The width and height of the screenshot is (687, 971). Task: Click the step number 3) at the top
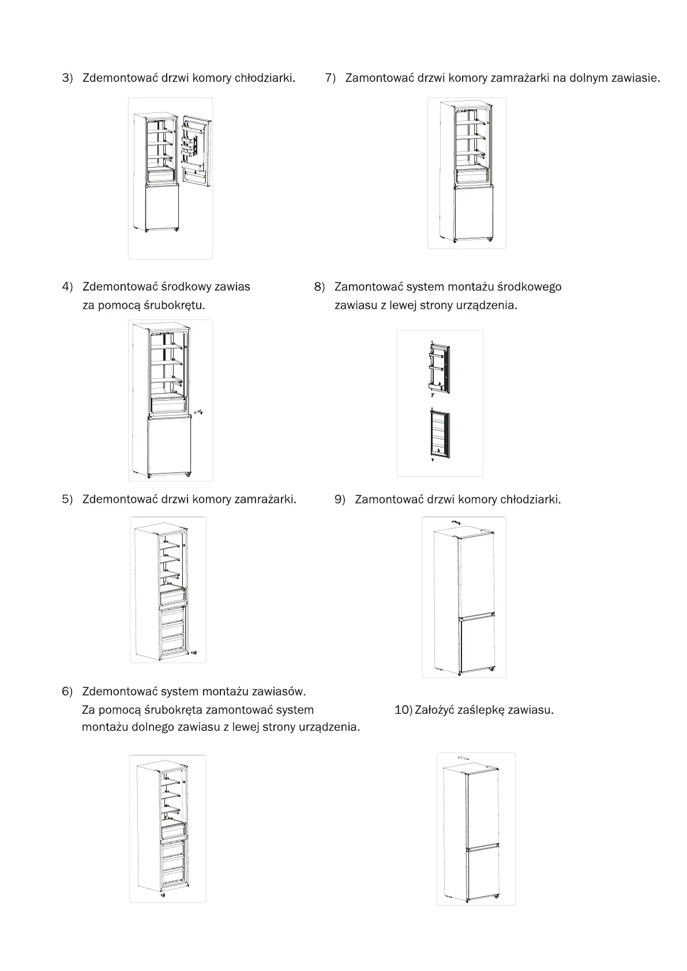pos(67,78)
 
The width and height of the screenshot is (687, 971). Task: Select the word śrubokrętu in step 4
pos(177,305)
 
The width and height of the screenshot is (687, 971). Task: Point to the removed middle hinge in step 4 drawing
pos(200,412)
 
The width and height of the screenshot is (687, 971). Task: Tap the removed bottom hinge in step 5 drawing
pos(194,653)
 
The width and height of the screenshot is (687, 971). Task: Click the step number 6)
pos(67,691)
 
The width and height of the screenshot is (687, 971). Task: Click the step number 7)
pos(331,78)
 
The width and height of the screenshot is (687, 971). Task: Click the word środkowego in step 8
pos(529,287)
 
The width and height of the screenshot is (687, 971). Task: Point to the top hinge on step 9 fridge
pos(455,522)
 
